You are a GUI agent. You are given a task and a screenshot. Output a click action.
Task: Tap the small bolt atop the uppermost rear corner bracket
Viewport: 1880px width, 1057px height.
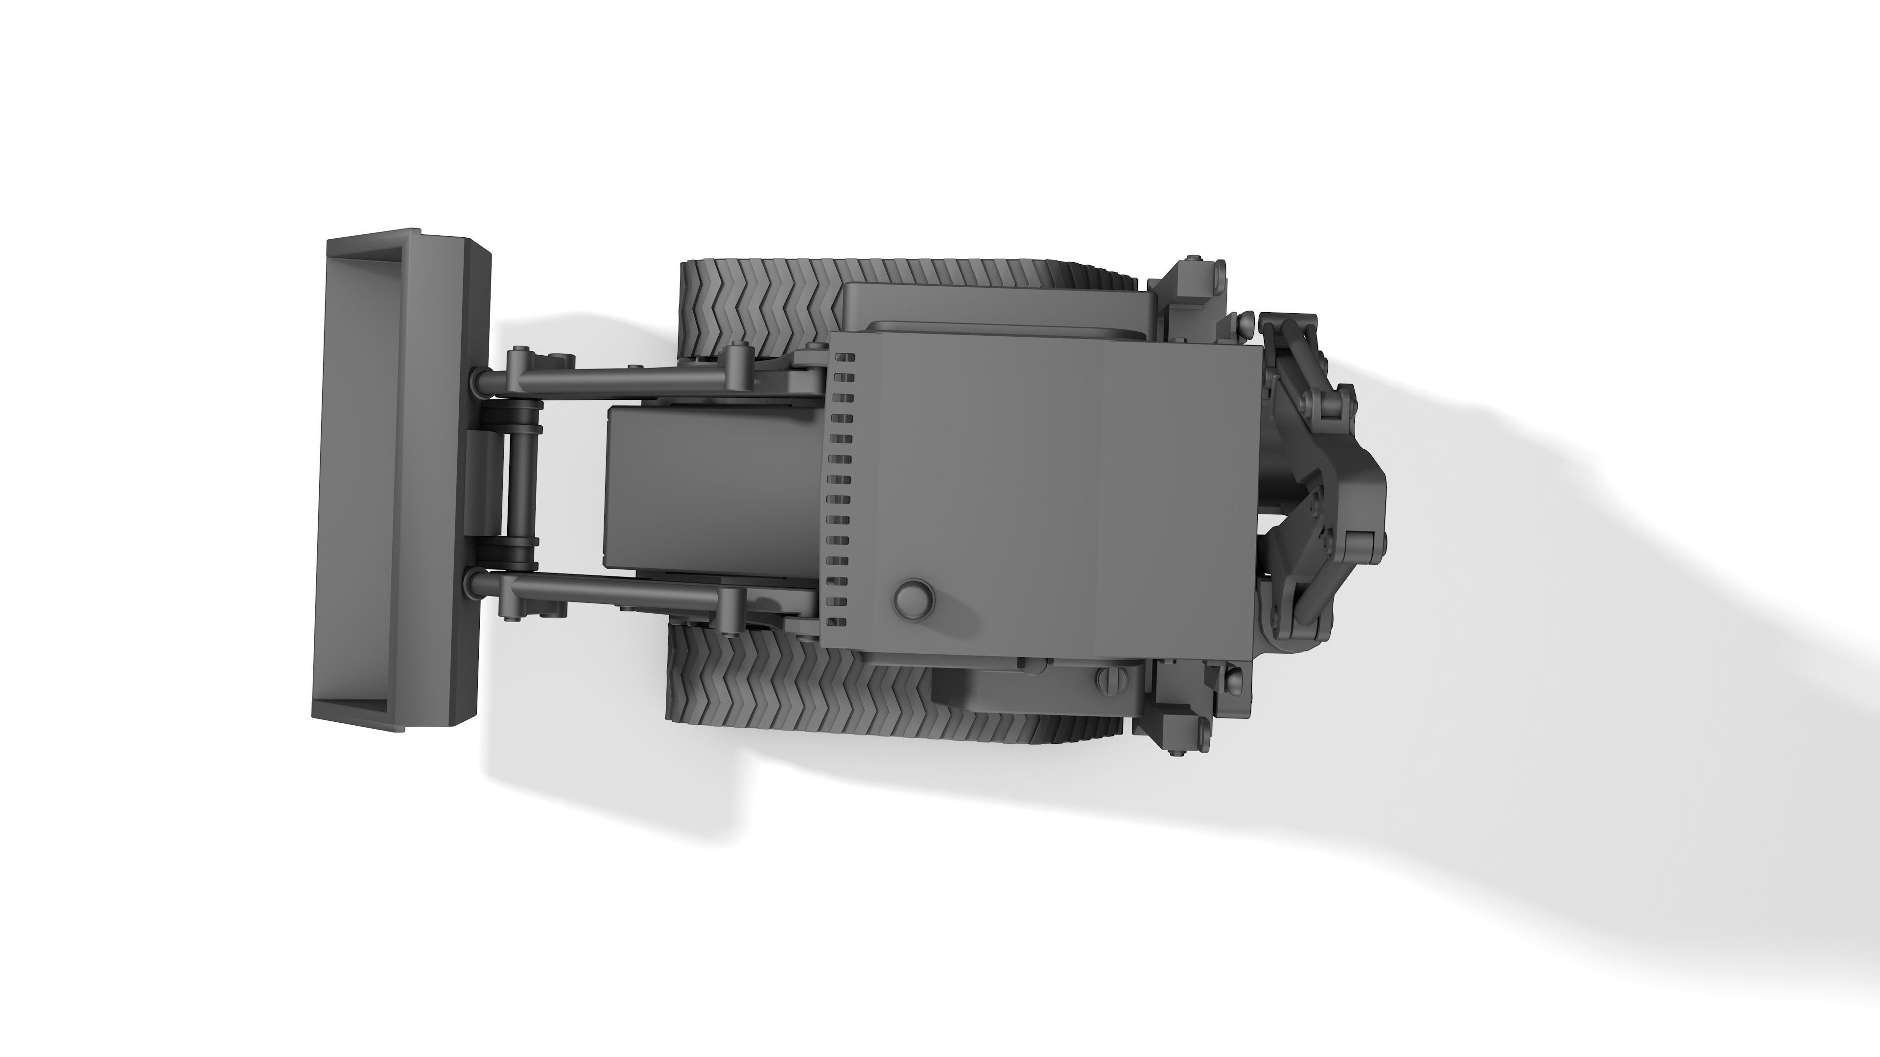pos(1192,258)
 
